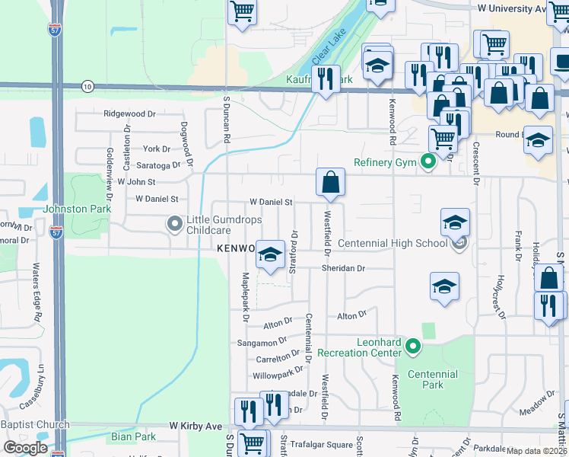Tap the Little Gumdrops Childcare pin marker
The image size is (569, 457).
point(174,223)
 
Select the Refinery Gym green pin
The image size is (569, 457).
point(428,161)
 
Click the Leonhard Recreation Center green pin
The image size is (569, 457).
point(413,347)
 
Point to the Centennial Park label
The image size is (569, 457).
point(432,379)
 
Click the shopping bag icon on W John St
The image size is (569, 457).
point(331,183)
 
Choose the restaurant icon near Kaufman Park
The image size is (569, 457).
point(326,79)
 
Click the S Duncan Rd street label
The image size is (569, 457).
point(226,120)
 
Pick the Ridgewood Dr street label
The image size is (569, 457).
point(129,113)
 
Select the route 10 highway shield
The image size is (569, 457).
point(88,87)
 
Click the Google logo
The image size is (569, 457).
point(26,447)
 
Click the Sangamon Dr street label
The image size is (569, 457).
point(261,342)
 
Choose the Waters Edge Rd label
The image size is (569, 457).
point(36,292)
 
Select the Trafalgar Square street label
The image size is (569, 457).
point(323,445)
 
